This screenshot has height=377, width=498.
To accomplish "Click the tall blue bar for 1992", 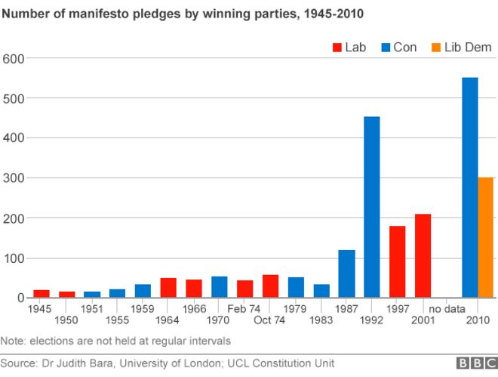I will [371, 207].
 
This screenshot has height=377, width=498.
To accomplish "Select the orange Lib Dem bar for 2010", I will [486, 237].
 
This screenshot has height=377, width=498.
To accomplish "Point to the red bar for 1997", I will [397, 261].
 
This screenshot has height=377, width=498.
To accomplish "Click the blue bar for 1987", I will [346, 273].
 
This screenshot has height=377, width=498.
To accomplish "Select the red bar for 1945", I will [41, 294].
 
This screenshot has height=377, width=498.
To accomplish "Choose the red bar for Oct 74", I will [270, 286].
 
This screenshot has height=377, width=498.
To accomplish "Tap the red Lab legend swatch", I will [337, 48].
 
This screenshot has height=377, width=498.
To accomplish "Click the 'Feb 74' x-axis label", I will [244, 308].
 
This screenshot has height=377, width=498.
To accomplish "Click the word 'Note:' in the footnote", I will [14, 341].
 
